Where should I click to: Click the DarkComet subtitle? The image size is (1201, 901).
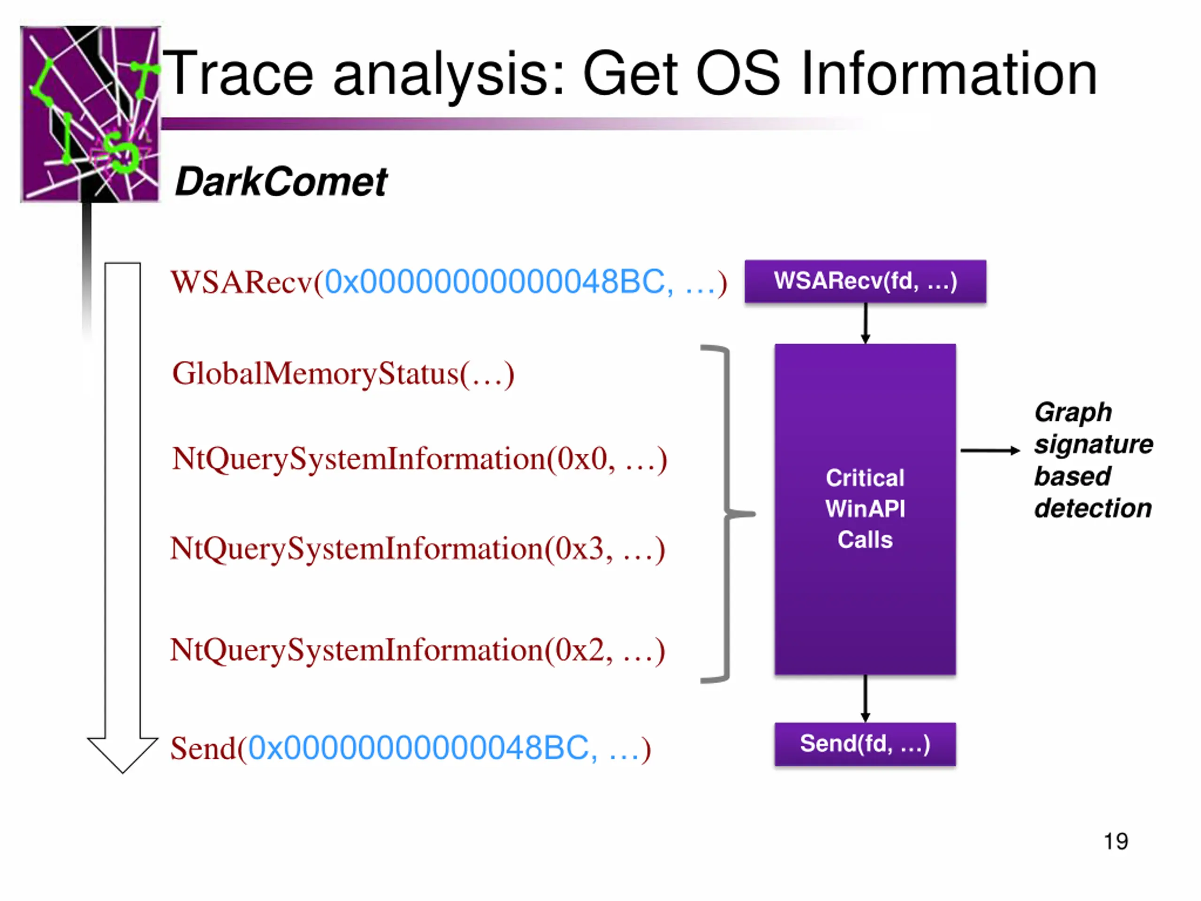pyautogui.click(x=281, y=182)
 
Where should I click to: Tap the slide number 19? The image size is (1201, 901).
pyautogui.click(x=1116, y=841)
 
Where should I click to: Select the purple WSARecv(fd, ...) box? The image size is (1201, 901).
pyautogui.click(x=866, y=281)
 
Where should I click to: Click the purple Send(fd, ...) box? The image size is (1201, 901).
pyautogui.click(x=866, y=744)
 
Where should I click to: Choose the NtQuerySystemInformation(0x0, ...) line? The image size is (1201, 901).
pyautogui.click(x=419, y=459)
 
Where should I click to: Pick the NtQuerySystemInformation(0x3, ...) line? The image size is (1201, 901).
pyautogui.click(x=418, y=549)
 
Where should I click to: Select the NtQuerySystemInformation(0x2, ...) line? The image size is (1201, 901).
pyautogui.click(x=418, y=650)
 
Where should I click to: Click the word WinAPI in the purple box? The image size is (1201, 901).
pyautogui.click(x=866, y=509)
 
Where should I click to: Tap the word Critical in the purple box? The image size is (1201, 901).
pyautogui.click(x=866, y=478)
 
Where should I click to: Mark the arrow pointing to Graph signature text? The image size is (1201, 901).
pyautogui.click(x=990, y=450)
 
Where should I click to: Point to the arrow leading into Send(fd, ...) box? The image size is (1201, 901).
pyautogui.click(x=866, y=698)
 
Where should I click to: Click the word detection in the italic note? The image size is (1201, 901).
pyautogui.click(x=1093, y=508)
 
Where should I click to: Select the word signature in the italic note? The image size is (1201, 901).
pyautogui.click(x=1094, y=445)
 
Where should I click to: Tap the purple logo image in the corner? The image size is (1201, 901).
pyautogui.click(x=90, y=114)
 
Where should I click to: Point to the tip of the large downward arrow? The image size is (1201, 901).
pyautogui.click(x=123, y=773)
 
